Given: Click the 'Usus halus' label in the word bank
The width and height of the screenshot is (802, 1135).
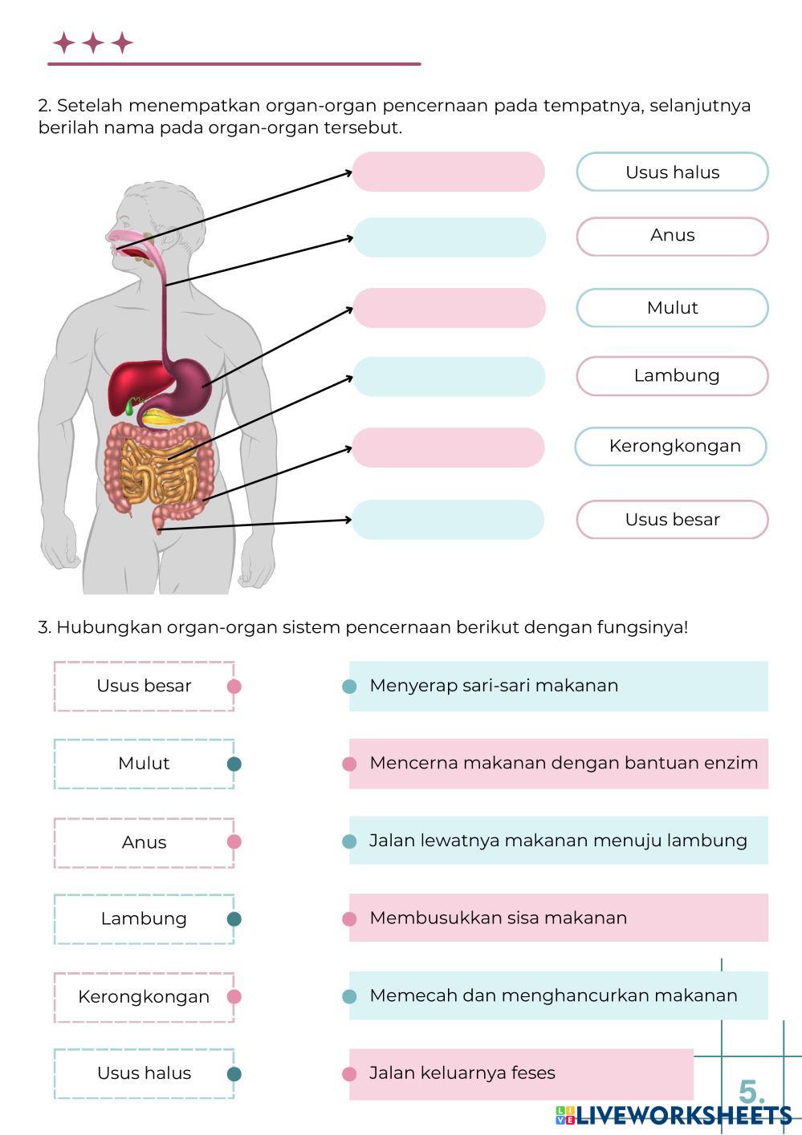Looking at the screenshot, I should (x=672, y=172).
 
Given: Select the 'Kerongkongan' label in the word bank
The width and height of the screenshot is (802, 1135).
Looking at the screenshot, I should (x=674, y=446).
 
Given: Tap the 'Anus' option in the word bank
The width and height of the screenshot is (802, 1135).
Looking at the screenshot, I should (x=672, y=236).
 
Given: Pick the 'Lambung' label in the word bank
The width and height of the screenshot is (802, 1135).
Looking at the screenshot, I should (x=675, y=375).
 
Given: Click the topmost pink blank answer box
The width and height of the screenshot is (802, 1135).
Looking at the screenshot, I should (x=448, y=172).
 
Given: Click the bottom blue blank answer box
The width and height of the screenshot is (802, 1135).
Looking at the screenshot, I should (x=448, y=520).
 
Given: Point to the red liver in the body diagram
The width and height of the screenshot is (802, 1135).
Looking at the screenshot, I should (x=132, y=383).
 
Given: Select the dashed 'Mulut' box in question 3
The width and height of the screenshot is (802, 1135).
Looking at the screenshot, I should (x=144, y=764).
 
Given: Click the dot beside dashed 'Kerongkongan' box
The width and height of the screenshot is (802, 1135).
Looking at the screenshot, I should (x=234, y=996).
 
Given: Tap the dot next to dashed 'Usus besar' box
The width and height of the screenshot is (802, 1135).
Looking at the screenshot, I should (x=234, y=686).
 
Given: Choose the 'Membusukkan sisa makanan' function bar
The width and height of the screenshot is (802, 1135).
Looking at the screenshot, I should (x=558, y=918).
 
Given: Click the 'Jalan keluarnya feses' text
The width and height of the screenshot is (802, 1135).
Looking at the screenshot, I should (x=462, y=1073).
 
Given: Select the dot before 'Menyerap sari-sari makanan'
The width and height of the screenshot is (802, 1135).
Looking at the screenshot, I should (x=349, y=686).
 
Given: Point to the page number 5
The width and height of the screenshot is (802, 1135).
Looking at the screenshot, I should (x=751, y=1092).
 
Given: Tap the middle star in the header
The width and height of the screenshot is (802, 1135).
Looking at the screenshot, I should (x=93, y=43).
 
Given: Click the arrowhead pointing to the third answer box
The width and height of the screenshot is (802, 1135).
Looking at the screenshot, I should (x=350, y=308).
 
